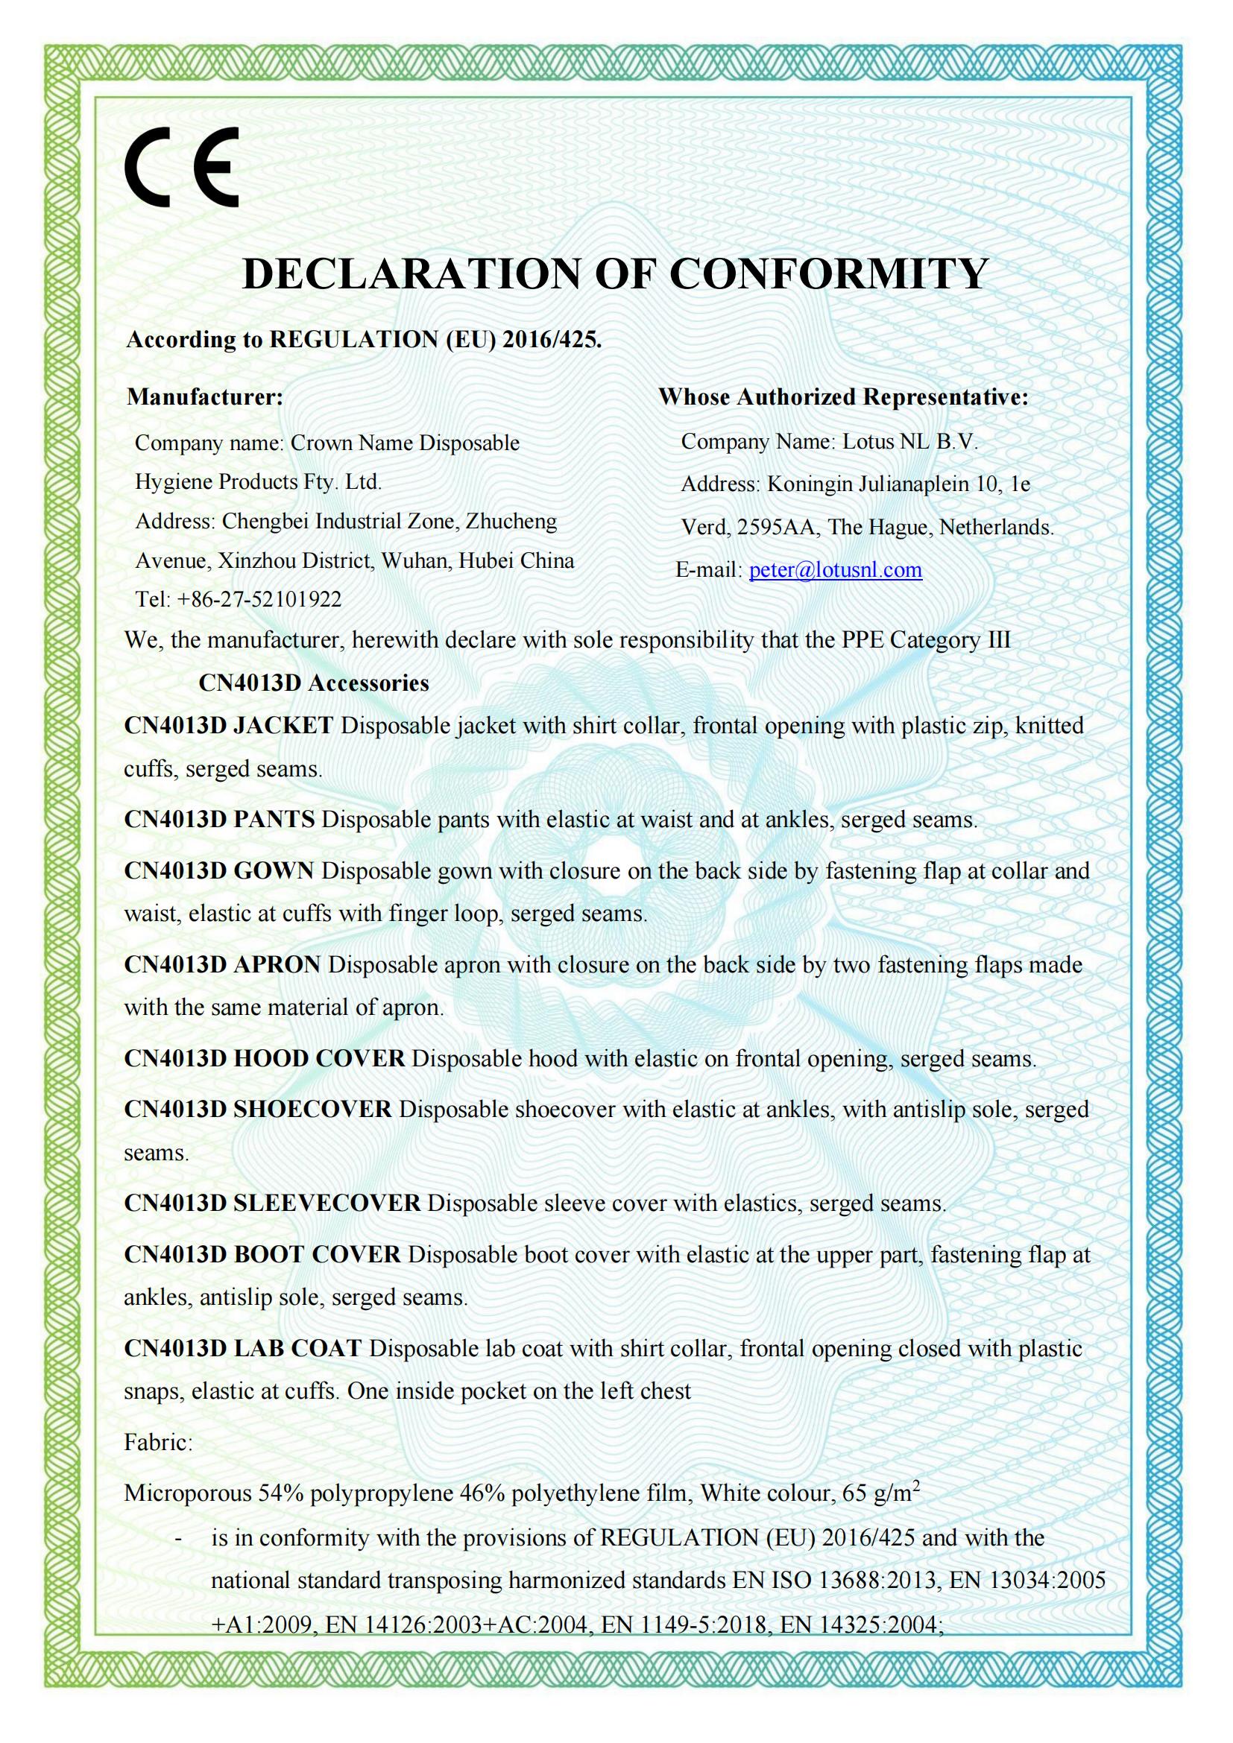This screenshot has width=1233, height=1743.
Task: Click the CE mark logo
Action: pyautogui.click(x=182, y=167)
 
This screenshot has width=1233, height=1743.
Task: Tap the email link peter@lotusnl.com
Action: pyautogui.click(x=835, y=570)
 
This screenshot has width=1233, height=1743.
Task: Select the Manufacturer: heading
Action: pyautogui.click(x=205, y=397)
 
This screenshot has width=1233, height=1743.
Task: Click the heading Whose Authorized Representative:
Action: pyautogui.click(x=843, y=397)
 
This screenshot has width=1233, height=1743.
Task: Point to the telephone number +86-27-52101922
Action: pyautogui.click(x=259, y=600)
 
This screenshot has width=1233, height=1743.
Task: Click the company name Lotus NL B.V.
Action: pyautogui.click(x=909, y=442)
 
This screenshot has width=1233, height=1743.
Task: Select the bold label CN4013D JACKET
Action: pyautogui.click(x=229, y=726)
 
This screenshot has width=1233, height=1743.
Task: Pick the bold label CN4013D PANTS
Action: pyautogui.click(x=219, y=819)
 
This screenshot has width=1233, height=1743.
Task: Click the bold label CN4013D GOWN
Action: pyautogui.click(x=218, y=870)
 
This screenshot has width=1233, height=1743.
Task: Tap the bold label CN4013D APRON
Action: pyautogui.click(x=222, y=965)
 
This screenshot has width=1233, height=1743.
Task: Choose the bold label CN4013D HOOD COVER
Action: pyautogui.click(x=264, y=1058)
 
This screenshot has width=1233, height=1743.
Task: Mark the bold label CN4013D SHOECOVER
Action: pyautogui.click(x=258, y=1109)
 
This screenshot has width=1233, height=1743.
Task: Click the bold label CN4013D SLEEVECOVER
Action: pyautogui.click(x=272, y=1203)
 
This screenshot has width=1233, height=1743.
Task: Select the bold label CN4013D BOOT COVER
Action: pyautogui.click(x=262, y=1254)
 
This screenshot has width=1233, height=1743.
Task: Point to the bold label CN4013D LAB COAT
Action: pyautogui.click(x=243, y=1348)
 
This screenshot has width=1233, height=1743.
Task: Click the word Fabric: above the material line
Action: pyautogui.click(x=158, y=1443)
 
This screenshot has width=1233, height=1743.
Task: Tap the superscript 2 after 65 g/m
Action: pyautogui.click(x=915, y=1485)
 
